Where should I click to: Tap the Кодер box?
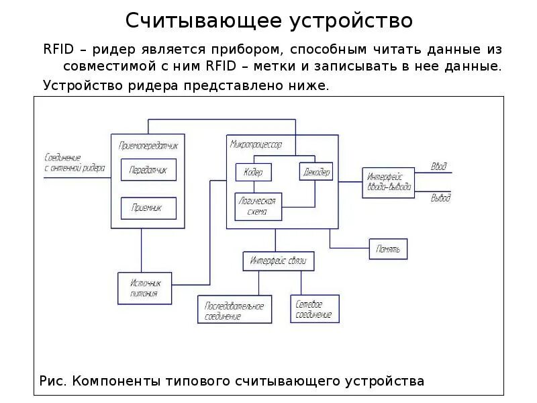pos(253,172)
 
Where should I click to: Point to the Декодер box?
pos(315,172)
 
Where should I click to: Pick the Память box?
pos(388,249)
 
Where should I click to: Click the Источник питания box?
pos(144,287)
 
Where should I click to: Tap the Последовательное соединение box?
pos(234,310)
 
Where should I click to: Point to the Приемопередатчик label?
pos(148,144)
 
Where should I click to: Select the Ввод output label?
pos(440,166)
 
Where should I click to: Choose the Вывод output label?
pos(440,198)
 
